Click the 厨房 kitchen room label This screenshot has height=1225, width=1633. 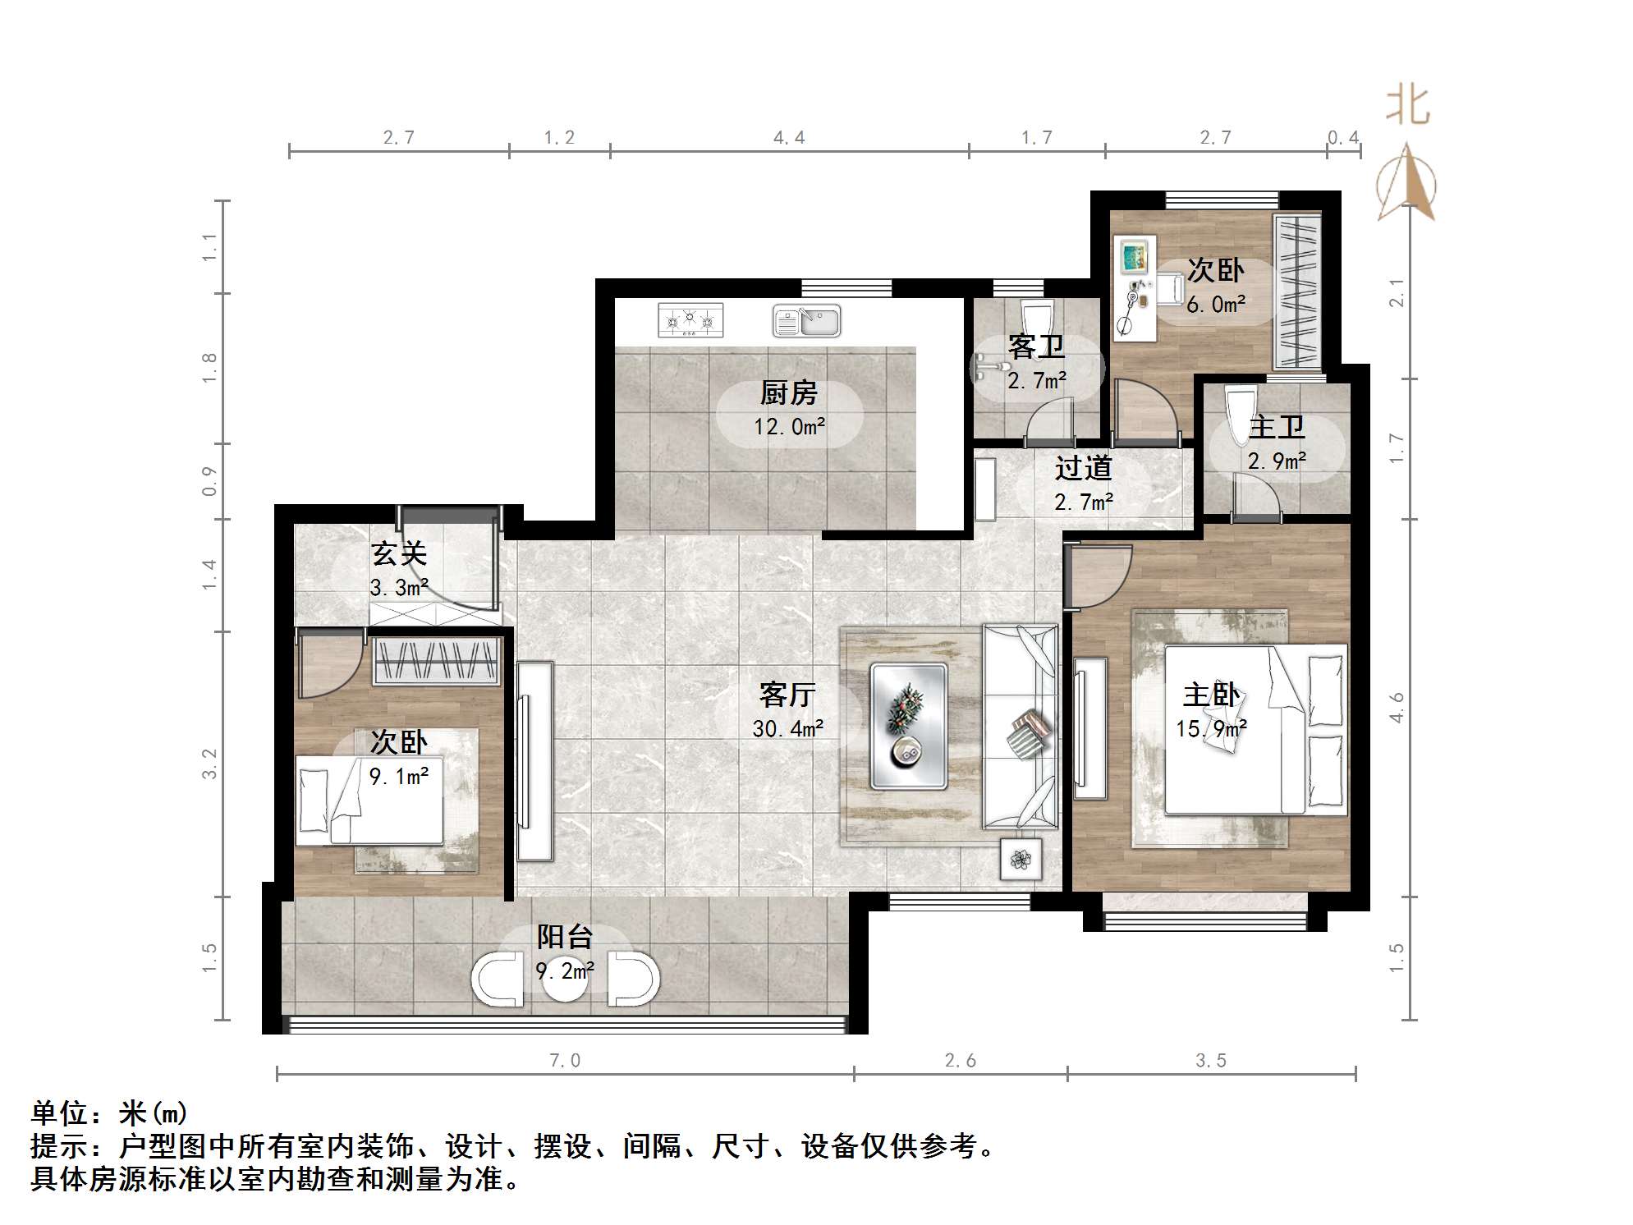788,393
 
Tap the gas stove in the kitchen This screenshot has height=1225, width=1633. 690,320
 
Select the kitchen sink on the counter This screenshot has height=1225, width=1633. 806,321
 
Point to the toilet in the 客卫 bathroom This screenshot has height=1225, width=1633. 1038,319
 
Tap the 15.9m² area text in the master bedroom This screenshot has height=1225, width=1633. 1211,728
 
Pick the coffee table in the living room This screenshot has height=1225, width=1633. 909,727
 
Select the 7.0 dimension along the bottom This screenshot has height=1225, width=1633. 565,1061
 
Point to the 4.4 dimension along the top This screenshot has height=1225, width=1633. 789,138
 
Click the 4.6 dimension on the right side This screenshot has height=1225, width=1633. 1397,708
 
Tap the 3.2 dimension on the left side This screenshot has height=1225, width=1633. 210,764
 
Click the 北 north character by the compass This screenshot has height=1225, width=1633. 1408,107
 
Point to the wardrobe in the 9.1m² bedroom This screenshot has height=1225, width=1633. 437,660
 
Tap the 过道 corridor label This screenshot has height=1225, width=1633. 1083,468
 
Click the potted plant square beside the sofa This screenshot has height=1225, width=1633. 1021,860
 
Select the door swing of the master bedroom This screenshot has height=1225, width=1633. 1097,577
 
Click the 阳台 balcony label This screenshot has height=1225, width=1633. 565,937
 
